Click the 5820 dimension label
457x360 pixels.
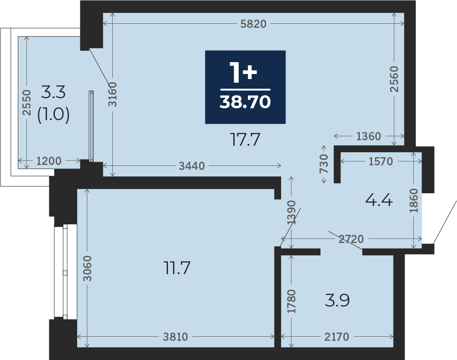click(x=253, y=24)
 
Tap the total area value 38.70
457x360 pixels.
click(x=245, y=102)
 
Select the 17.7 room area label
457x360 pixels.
click(x=245, y=139)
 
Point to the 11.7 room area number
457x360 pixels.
click(x=177, y=268)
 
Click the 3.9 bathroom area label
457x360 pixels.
click(x=337, y=300)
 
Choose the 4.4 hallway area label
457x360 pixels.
click(x=379, y=201)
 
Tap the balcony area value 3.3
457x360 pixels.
click(x=53, y=92)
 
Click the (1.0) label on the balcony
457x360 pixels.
click(x=53, y=114)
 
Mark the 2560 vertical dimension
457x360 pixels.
click(x=394, y=79)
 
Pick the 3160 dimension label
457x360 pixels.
click(x=112, y=94)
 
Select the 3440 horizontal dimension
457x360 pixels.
click(x=192, y=166)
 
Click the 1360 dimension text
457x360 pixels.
click(x=368, y=136)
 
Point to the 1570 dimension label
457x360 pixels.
click(x=381, y=161)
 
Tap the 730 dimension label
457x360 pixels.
click(x=324, y=164)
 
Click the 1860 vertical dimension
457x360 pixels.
click(x=414, y=201)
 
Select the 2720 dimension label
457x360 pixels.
click(x=351, y=239)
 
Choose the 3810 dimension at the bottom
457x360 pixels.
click(x=175, y=337)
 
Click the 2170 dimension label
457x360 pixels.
click(x=336, y=337)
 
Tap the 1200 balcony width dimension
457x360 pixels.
click(x=49, y=161)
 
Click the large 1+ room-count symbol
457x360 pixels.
click(x=243, y=72)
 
